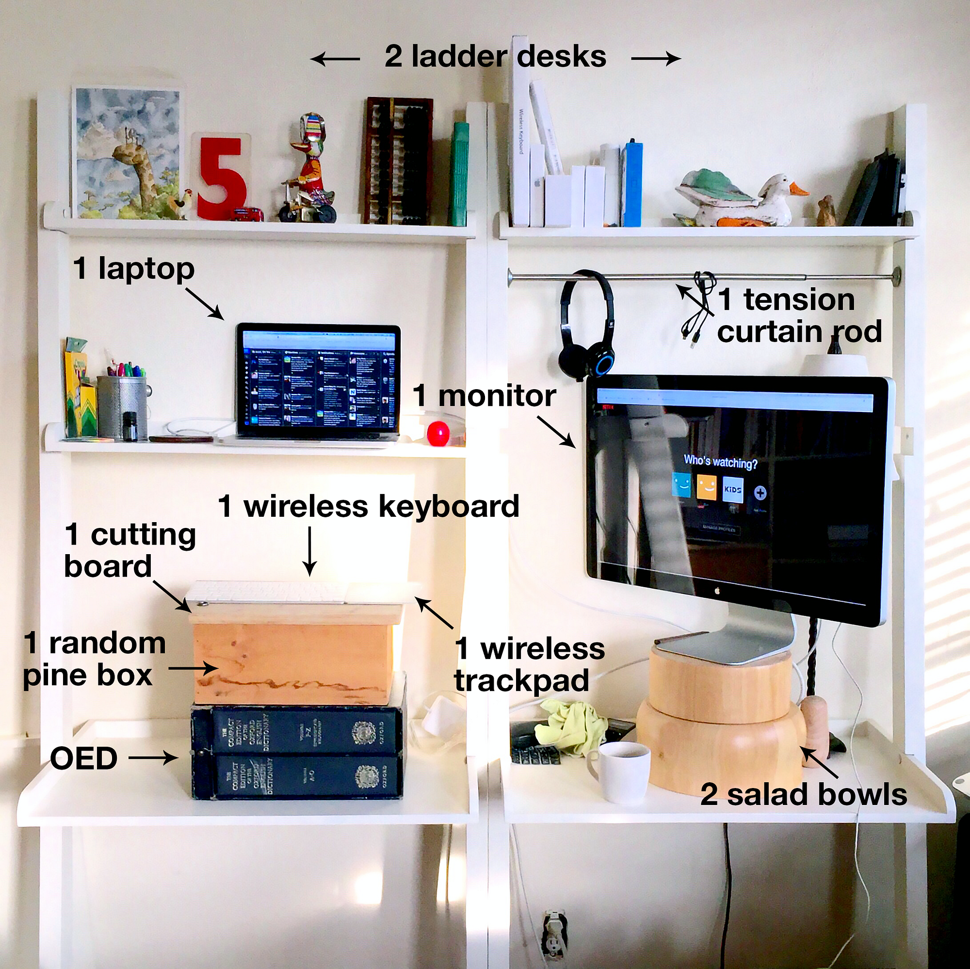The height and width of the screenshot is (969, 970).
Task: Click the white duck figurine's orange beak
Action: (x=798, y=189)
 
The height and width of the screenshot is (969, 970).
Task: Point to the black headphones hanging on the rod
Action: (x=585, y=327)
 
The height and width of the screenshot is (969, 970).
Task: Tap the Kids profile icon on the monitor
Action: (x=732, y=489)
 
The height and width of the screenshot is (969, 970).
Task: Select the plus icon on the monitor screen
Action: (x=760, y=493)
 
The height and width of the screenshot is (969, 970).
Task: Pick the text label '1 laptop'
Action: (x=133, y=268)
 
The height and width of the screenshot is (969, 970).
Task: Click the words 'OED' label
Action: (x=84, y=758)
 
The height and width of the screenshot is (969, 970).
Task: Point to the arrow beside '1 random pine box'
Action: (x=192, y=668)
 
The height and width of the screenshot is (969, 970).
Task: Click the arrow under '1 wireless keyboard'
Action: (x=310, y=551)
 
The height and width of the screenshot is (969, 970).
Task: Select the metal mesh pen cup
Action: (x=122, y=407)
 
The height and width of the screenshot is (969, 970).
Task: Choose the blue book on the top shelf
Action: (x=632, y=184)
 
